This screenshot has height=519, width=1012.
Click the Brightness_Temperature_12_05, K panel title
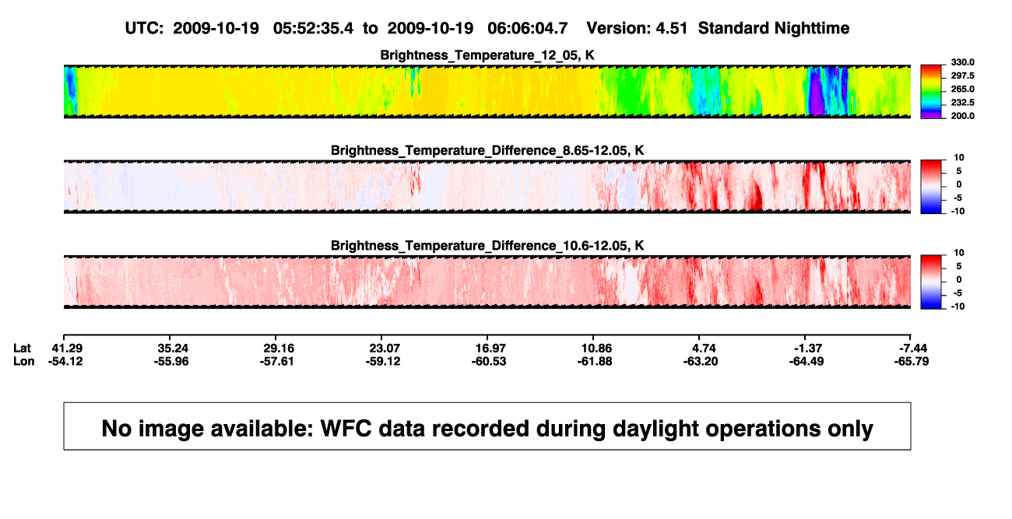tap(487, 55)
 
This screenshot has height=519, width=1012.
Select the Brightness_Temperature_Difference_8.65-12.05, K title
tap(487, 150)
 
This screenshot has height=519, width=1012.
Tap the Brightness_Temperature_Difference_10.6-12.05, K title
tap(487, 246)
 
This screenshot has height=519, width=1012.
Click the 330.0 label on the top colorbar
tap(962, 62)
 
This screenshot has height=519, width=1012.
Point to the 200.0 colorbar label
tap(962, 116)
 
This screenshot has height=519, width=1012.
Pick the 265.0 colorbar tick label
tap(962, 89)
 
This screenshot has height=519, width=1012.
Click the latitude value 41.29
tap(67, 349)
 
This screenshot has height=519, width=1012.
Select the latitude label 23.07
tap(385, 349)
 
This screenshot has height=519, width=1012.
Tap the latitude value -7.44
tap(912, 349)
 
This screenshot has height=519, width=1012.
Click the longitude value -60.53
tap(489, 361)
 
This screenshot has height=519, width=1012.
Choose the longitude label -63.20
tap(701, 361)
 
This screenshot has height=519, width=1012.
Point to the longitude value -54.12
tap(65, 361)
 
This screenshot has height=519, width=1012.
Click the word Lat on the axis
tap(22, 349)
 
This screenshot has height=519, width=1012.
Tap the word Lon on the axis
tap(24, 361)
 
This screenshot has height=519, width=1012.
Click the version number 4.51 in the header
tap(671, 28)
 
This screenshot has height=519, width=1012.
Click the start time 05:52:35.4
tap(313, 28)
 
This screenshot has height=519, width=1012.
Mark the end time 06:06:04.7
tap(527, 28)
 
